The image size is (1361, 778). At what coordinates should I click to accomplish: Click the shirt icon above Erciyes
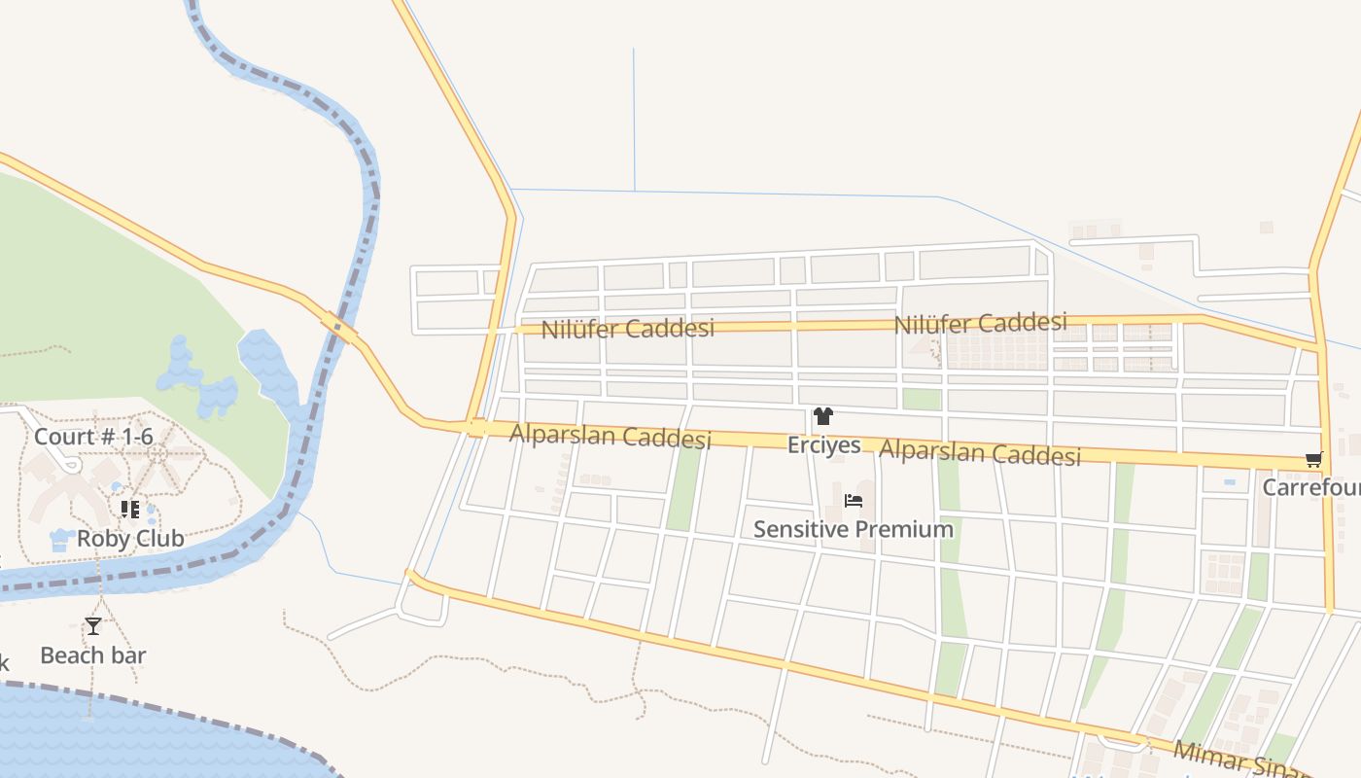click(823, 416)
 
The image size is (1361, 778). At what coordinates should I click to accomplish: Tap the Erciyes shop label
click(824, 445)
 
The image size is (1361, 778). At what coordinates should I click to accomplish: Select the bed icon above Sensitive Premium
click(854, 501)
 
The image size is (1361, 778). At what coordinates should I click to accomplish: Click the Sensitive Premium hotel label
click(854, 529)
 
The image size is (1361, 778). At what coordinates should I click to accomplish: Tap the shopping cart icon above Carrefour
click(1314, 459)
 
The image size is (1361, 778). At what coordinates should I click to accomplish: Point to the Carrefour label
click(1311, 486)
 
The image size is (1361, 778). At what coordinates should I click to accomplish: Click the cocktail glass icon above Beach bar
click(93, 625)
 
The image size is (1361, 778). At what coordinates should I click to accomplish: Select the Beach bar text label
click(93, 655)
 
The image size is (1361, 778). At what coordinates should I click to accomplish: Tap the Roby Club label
click(130, 538)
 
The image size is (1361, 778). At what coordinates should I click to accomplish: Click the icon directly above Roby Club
click(130, 510)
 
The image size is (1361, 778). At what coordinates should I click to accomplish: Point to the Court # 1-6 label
click(93, 437)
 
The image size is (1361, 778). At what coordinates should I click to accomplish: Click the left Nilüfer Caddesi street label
click(627, 328)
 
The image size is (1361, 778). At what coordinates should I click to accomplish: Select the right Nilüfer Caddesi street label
click(980, 323)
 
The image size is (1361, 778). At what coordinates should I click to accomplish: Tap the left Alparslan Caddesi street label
click(611, 437)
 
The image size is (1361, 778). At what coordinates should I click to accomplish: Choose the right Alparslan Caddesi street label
click(980, 452)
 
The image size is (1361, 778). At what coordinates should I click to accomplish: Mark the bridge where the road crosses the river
click(340, 328)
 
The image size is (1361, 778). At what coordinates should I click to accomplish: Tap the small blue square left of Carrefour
click(1230, 481)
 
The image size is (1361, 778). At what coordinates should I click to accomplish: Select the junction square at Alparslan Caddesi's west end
click(476, 427)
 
